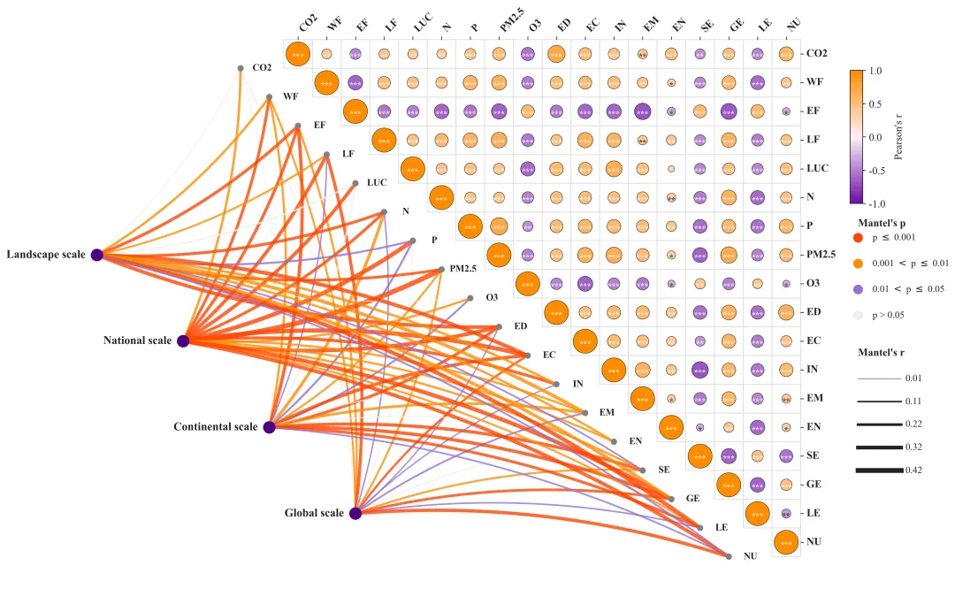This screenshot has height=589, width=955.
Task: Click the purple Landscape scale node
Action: pos(97,255)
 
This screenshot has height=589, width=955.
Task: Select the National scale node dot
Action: pos(183,340)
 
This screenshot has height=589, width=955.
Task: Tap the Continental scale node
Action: pos(270,427)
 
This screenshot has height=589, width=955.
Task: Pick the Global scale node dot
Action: pos(355,513)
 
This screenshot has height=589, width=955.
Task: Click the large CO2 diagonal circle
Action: pos(298,54)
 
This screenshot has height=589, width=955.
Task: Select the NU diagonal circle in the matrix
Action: pos(786,542)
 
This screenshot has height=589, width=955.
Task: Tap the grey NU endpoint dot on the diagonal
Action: pos(729,556)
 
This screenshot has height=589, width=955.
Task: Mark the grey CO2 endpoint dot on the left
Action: pos(241,68)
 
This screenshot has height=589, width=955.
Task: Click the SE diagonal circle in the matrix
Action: pos(700,455)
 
